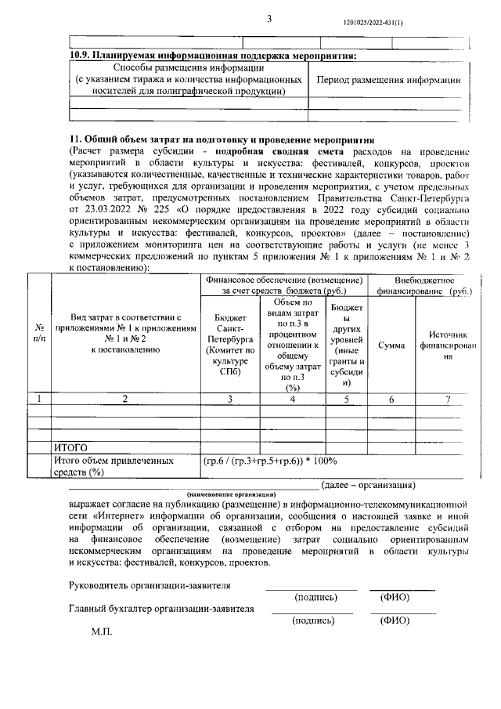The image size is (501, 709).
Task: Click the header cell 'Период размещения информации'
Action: click(387, 80)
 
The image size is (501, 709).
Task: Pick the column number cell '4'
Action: click(293, 399)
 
